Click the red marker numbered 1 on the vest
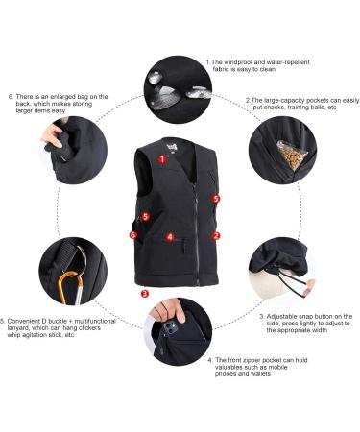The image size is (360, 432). pyautogui.click(x=162, y=160)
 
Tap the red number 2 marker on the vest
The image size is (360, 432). pyautogui.click(x=216, y=234)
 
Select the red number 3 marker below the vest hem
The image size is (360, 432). pyautogui.click(x=144, y=293)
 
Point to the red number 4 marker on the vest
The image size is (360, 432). pyautogui.click(x=169, y=236)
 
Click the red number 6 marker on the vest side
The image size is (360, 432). pyautogui.click(x=132, y=233)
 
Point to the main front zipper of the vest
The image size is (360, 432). pyautogui.click(x=200, y=221)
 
